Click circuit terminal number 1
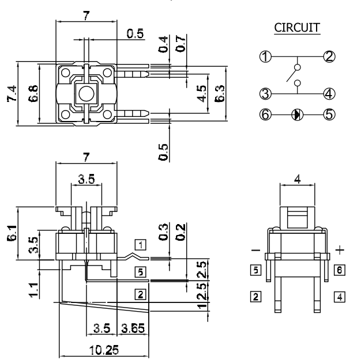(x=265, y=56)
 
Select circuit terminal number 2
(x=329, y=56)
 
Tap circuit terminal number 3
(x=265, y=93)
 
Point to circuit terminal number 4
(x=329, y=93)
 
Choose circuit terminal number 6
(x=265, y=113)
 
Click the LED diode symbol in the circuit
(x=297, y=113)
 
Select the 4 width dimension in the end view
(x=297, y=179)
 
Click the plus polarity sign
(x=339, y=250)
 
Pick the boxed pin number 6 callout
(x=340, y=269)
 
